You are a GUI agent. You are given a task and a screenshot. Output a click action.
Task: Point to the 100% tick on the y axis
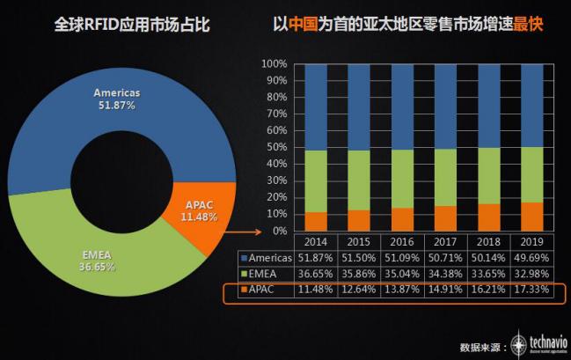[275, 65]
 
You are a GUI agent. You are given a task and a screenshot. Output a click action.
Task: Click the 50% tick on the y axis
[276, 148]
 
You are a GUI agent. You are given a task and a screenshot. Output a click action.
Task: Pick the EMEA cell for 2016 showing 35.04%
[401, 273]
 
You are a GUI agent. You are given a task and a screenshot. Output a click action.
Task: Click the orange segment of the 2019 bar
[531, 217]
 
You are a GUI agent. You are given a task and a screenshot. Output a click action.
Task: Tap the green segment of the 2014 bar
[316, 181]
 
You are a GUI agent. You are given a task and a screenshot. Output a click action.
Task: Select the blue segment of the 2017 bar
[446, 107]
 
